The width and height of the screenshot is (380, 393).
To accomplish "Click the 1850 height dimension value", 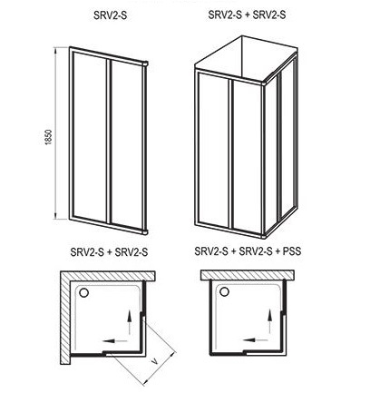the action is coord(49,137).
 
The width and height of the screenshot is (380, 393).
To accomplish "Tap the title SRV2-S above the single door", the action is coord(110,15).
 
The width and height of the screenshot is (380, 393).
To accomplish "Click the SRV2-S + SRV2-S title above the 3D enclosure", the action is coord(247,15).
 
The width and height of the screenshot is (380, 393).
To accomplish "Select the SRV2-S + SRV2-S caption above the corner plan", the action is coord(109,251).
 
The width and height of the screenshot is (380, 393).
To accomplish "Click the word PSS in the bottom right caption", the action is coord(292,251).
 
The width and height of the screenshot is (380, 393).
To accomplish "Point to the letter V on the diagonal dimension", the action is coord(155,361).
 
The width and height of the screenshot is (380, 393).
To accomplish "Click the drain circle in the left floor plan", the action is coord(83,292).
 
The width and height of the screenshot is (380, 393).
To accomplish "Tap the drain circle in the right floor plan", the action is coord(224,292).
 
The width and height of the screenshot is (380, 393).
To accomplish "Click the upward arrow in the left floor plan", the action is coord(129,322).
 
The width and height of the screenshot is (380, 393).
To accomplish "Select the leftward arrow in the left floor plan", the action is coord(114,340).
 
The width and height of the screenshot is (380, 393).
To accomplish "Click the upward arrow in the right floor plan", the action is coord(269,321).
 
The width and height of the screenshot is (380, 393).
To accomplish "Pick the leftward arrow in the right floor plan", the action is coord(255,340).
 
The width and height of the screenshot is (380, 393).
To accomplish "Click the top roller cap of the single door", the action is coord(146,64).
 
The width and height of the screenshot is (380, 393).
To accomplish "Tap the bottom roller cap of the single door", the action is coord(146,232).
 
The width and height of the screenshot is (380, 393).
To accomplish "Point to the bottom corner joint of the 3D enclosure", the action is coord(264,236).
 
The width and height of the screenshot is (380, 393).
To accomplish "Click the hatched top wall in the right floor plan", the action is coord(248,275).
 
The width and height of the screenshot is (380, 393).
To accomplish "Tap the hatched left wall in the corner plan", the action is coord(65,318).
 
